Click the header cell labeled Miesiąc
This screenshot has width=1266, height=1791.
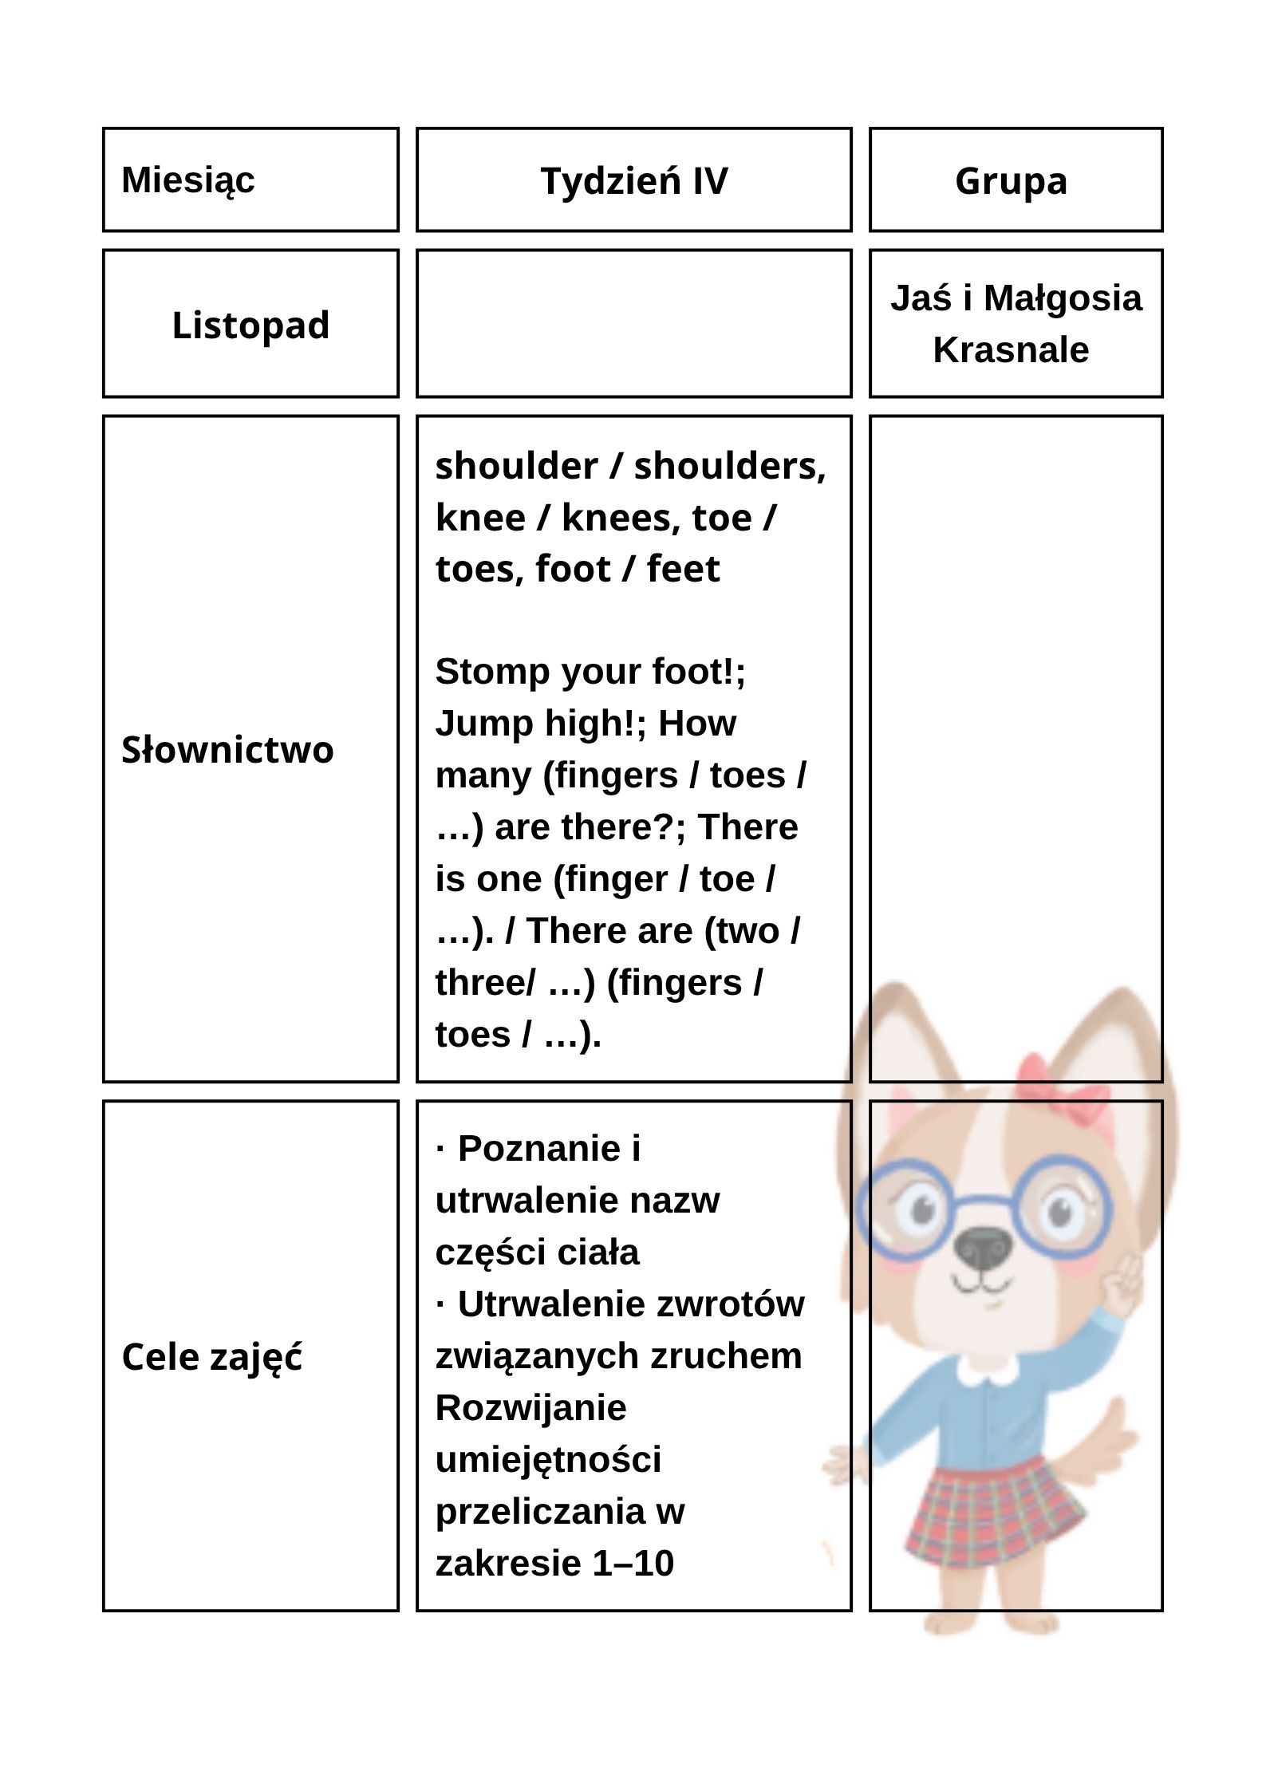point(188,179)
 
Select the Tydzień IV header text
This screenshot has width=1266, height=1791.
point(633,180)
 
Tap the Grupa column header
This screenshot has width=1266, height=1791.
point(1011,180)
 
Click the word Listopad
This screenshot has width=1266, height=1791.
point(250,325)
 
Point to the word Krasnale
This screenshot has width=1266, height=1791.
point(1011,349)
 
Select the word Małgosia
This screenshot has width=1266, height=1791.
point(1063,298)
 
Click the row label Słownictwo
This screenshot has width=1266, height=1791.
point(227,750)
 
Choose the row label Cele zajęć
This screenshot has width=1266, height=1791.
point(212,1357)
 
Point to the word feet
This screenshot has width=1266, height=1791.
point(683,569)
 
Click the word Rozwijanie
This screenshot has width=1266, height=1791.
point(530,1407)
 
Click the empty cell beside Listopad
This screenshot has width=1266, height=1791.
point(633,323)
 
